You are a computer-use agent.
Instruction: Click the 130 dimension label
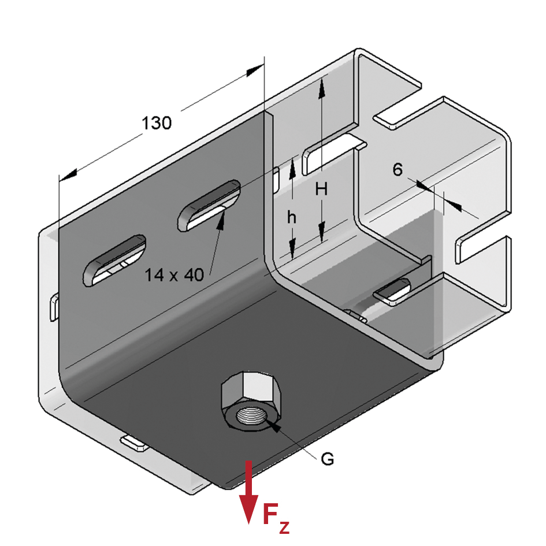(x=157, y=123)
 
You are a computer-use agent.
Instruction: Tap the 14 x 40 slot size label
(x=174, y=275)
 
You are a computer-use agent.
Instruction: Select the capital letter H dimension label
(x=321, y=190)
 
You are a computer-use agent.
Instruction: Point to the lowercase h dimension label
(x=292, y=218)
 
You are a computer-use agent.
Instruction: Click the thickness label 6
(x=398, y=169)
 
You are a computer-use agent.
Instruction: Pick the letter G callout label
(x=328, y=459)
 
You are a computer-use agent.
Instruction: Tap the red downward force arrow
(x=248, y=492)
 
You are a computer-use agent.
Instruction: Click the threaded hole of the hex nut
(x=251, y=415)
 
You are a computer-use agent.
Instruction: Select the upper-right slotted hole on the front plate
(x=209, y=206)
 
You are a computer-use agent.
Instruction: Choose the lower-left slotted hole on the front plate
(x=114, y=261)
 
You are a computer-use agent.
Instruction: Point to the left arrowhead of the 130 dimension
(x=68, y=175)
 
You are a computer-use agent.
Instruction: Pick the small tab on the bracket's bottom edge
(x=135, y=443)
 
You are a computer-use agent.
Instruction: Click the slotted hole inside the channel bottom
(x=392, y=292)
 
